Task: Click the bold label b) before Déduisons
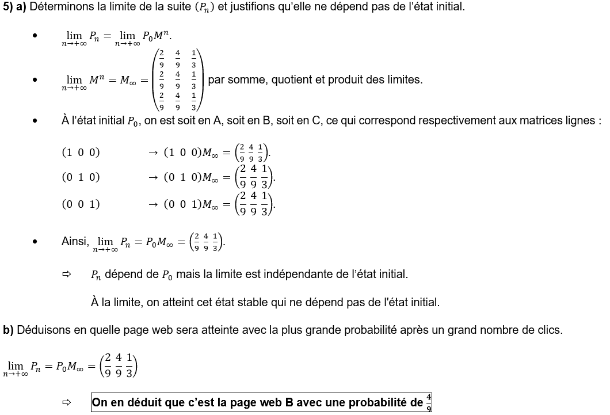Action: point(8,330)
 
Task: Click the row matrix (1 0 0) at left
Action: point(81,153)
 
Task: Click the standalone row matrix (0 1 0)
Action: point(81,177)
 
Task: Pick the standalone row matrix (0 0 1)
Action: point(81,204)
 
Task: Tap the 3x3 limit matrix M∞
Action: point(178,80)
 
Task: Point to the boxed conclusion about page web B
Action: point(261,402)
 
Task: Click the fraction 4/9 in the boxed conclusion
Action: point(429,402)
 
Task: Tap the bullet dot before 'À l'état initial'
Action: point(35,121)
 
